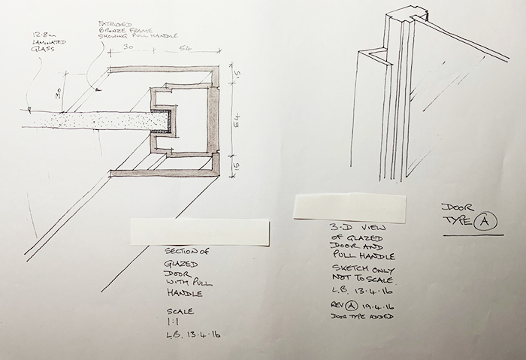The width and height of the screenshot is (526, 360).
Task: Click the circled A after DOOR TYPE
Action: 485,220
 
